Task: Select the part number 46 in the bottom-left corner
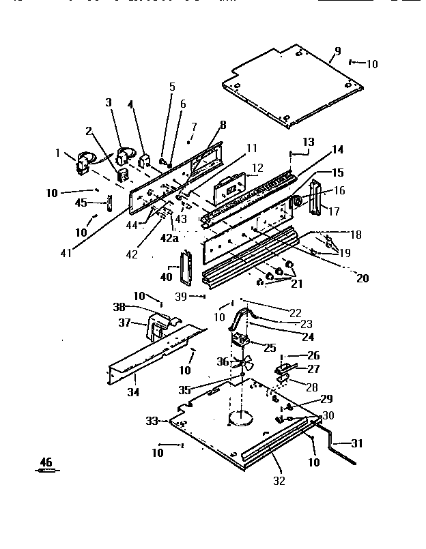tap(46, 462)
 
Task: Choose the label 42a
tap(170, 238)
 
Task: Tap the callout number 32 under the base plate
tap(278, 481)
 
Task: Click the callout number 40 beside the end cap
tap(167, 278)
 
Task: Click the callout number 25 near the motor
tap(270, 348)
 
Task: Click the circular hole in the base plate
tap(241, 418)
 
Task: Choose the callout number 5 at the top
tap(171, 87)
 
